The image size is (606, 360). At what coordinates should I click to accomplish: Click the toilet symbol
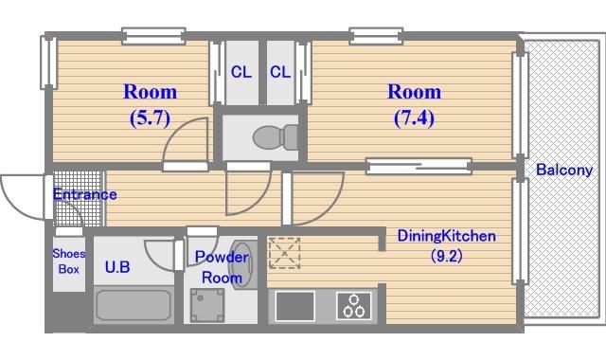pos(276,137)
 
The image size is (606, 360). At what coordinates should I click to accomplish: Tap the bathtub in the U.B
pos(134,305)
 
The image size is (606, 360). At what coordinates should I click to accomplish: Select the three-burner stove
pos(354,305)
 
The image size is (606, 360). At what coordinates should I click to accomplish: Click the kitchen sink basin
pos(294,306)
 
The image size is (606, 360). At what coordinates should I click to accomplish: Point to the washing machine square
pos(207,305)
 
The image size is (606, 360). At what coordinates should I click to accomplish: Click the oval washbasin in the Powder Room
pos(242,264)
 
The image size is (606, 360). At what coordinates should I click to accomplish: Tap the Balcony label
pos(564,170)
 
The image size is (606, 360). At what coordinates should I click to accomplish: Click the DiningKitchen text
pos(446,236)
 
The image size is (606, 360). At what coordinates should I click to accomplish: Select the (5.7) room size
pos(150,117)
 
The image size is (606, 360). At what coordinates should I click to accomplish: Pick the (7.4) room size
pos(415,117)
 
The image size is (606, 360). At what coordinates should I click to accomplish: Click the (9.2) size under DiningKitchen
pos(447,256)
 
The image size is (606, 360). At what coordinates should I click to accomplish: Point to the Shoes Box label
pos(69,261)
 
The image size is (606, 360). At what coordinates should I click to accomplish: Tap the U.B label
pos(117,267)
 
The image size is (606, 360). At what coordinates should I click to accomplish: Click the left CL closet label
pos(241,72)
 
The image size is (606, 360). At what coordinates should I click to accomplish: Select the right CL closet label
pos(280,72)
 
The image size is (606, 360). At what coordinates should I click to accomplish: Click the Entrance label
pos(84,194)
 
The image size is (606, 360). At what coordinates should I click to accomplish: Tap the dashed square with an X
pos(285,253)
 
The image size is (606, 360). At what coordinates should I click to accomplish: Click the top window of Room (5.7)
pos(153,36)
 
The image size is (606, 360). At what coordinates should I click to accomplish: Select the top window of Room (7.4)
pos(376,36)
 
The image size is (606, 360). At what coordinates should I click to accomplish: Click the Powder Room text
pos(222,267)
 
